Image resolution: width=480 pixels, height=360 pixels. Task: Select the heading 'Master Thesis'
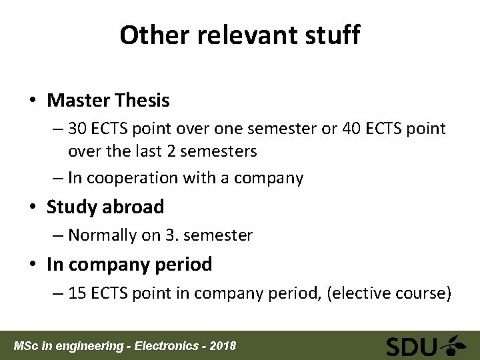(108, 101)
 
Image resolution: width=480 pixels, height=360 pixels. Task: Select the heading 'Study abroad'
(105, 207)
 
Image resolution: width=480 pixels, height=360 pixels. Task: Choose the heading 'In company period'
(129, 264)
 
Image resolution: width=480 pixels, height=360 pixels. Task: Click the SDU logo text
(411, 347)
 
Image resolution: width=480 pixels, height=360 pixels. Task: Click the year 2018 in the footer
(222, 346)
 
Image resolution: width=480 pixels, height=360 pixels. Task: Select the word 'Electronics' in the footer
(168, 346)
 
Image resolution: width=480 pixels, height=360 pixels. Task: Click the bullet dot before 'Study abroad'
(33, 207)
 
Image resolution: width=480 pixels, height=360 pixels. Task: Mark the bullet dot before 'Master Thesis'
(33, 101)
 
